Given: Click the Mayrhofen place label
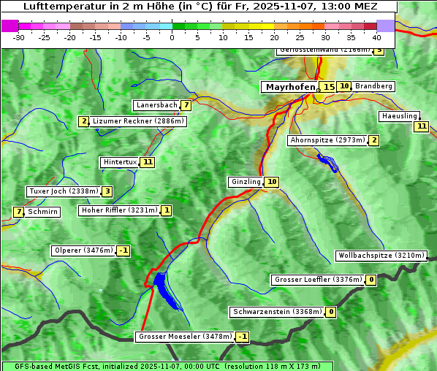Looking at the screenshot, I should coord(289,87).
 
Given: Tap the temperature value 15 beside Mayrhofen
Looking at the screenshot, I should coord(329,87).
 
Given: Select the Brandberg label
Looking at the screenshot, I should coord(374,86).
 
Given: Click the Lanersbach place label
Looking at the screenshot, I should coord(156,105).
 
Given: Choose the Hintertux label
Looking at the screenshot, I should coord(120,162).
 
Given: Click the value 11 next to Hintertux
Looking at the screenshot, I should coord(148,162).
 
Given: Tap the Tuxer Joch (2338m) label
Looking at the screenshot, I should coord(63,191).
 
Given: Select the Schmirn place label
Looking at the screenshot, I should coord(43,212).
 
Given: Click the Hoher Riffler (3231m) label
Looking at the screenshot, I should coord(118,210).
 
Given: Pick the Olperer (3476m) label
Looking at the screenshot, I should coord(83,250).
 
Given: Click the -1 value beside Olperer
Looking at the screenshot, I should coord(123,250).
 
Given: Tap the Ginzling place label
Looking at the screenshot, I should coord(246,182).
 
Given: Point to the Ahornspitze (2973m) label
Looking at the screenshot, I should coord(327,140).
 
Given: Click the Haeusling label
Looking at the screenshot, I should coord(399,116).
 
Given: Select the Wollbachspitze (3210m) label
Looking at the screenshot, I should coord(381,256).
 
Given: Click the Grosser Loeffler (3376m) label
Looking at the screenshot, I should coord(318,280).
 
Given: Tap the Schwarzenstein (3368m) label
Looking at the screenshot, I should coord(277,312).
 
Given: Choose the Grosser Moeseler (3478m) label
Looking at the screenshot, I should coord(185,337).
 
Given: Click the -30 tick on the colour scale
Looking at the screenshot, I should coord(19,36).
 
